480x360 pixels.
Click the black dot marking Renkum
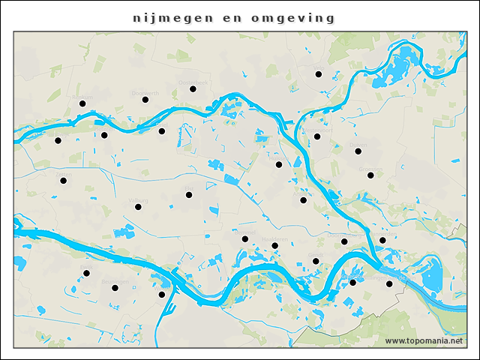tap(82, 104)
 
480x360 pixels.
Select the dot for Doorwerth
tap(145, 100)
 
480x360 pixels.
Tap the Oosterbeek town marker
tap(193, 89)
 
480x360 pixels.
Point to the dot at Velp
tap(318, 74)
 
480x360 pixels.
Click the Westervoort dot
tap(317, 136)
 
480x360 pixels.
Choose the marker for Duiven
tap(358, 151)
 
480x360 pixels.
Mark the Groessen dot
tap(370, 175)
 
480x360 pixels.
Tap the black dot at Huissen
tap(304, 200)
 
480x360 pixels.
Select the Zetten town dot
tap(64, 181)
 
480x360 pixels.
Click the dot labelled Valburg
tap(139, 207)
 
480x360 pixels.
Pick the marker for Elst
tap(190, 195)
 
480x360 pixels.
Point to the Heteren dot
tap(104, 136)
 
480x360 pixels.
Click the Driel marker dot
tap(161, 131)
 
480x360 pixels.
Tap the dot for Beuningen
tap(115, 288)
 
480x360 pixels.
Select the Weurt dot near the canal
tap(162, 295)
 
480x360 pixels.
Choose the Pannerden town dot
tap(382, 241)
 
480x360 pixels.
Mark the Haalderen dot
tap(275, 245)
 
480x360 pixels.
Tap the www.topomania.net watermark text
tap(424, 341)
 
